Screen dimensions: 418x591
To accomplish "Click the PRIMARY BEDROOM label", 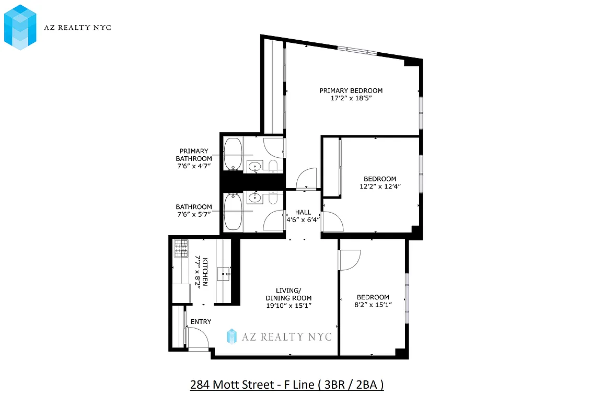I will pyautogui.click(x=351, y=90).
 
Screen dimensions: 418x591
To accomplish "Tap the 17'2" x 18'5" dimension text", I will pyautogui.click(x=351, y=98).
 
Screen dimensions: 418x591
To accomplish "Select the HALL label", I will pyautogui.click(x=303, y=212).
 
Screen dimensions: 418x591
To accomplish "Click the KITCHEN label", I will pyautogui.click(x=205, y=271).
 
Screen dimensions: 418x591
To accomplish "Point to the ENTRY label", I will pyautogui.click(x=201, y=322).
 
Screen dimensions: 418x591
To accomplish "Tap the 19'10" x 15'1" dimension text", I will pyautogui.click(x=288, y=306).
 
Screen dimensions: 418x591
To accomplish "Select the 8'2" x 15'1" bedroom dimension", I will pyautogui.click(x=373, y=305).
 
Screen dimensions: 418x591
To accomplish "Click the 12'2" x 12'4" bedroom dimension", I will pyautogui.click(x=380, y=187).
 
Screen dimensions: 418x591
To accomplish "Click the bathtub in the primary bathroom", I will pyautogui.click(x=233, y=154).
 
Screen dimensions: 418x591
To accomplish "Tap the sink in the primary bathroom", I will pyautogui.click(x=254, y=167).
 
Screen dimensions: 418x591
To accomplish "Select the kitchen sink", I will pyautogui.click(x=226, y=272).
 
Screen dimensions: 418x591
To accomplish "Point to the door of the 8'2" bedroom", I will pyautogui.click(x=350, y=259).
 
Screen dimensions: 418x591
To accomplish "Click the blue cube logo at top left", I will pyautogui.click(x=20, y=27).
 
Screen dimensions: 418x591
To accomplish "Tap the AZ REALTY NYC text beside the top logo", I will pyautogui.click(x=77, y=27).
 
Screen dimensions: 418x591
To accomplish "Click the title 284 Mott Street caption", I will pyautogui.click(x=286, y=385).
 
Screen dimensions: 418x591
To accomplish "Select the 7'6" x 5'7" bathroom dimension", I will pyautogui.click(x=194, y=214).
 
